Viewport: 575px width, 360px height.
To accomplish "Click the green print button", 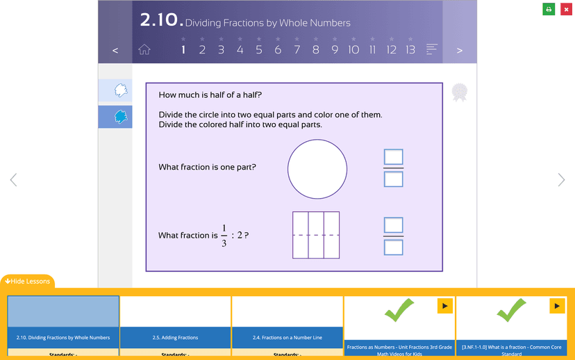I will [549, 9].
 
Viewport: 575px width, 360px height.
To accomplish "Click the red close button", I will [566, 9].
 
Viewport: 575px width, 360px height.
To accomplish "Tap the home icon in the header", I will [144, 49].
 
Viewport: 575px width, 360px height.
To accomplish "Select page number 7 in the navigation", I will [297, 49].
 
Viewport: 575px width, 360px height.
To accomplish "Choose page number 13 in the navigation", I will [410, 49].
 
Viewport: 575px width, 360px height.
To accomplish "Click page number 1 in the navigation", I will [183, 49].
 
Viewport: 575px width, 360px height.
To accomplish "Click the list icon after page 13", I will [432, 49].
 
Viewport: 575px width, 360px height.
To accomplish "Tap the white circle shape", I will [317, 169].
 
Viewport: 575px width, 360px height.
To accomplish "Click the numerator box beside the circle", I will [394, 157].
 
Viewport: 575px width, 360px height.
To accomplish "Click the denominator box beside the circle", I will [394, 179].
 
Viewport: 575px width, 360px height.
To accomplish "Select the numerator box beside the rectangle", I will [394, 225].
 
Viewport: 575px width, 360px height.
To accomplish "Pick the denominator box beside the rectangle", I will [394, 247].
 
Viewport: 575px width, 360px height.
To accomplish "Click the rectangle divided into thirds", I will [316, 235].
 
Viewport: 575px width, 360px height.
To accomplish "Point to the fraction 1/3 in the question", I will [224, 236].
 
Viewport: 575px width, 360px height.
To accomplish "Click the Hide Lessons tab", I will [27, 281].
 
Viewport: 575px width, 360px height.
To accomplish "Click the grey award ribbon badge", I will [460, 92].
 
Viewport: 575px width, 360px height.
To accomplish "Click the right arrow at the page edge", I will [561, 180].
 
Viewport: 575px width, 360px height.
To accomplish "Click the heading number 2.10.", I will [161, 21].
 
